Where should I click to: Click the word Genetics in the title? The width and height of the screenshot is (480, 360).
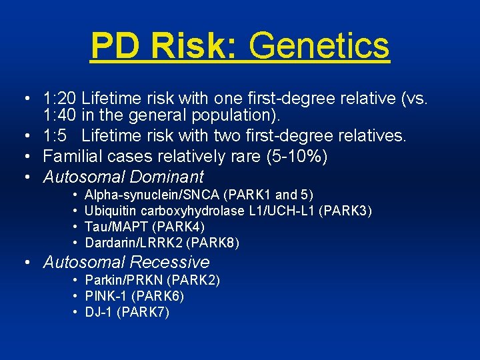click(x=319, y=46)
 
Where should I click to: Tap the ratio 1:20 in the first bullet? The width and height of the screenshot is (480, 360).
click(x=59, y=99)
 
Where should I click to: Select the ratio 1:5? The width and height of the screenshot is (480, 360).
click(x=55, y=137)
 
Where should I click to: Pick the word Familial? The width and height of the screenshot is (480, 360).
click(x=71, y=157)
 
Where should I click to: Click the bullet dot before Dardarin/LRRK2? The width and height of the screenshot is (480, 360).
click(x=76, y=243)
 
